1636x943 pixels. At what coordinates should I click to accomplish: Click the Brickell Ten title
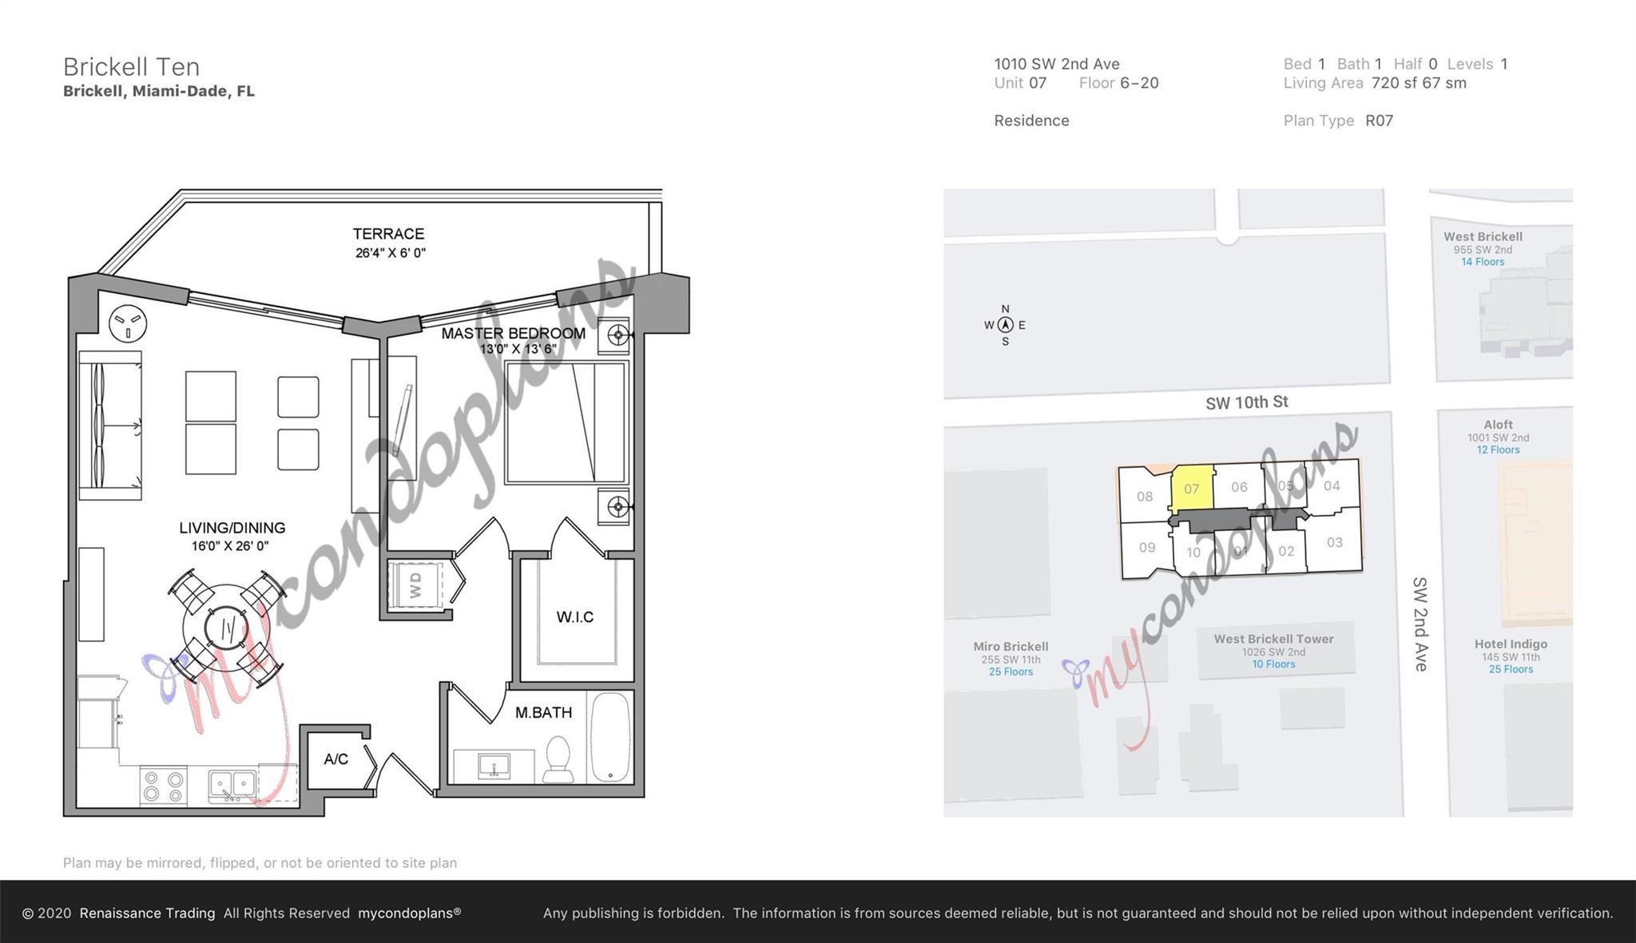coord(132,66)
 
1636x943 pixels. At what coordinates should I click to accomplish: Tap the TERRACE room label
coord(388,234)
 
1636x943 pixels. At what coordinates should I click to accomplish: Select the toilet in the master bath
coord(558,759)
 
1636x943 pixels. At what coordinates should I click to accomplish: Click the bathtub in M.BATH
coord(611,736)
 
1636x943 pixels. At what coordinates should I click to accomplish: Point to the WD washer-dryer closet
coord(415,585)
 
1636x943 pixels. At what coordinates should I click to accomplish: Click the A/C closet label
coord(336,759)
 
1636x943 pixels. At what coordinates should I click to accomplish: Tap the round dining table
coord(225,628)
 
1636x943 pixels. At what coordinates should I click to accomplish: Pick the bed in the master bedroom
coord(566,422)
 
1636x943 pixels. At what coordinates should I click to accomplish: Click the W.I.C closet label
coord(575,617)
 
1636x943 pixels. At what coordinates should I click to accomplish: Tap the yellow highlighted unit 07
coord(1192,489)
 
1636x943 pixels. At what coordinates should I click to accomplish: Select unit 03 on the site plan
coord(1335,543)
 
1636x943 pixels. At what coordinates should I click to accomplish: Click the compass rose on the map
coord(1005,325)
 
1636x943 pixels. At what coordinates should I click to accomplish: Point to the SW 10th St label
coord(1247,402)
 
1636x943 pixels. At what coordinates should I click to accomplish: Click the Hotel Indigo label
coord(1511,644)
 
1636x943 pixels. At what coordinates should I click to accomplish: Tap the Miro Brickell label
coord(1011,647)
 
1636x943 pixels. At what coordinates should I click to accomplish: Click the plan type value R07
coord(1380,121)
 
